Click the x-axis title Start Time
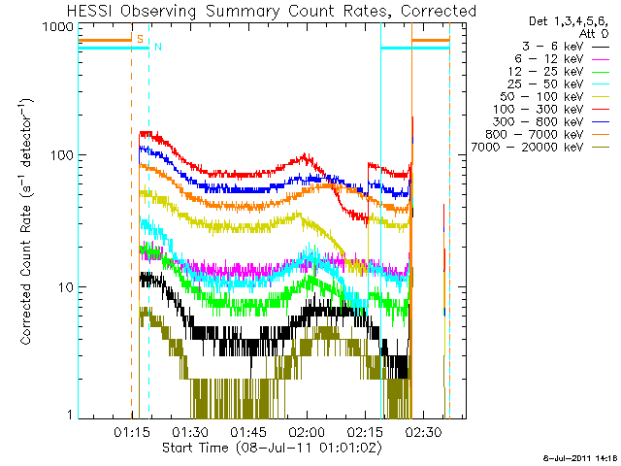[272, 448]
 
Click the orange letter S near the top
[140, 40]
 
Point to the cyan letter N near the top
[157, 47]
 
